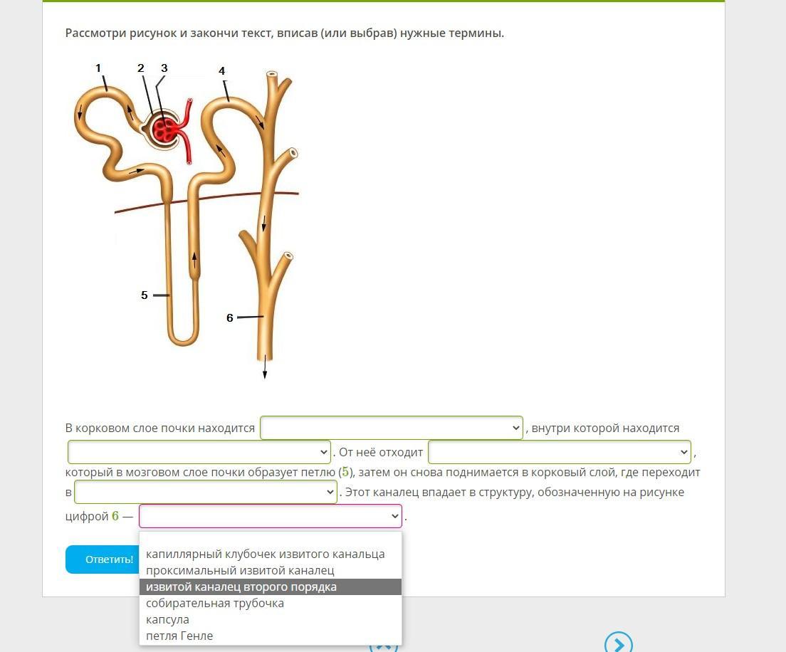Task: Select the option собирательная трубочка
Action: (x=214, y=603)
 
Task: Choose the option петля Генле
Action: (x=179, y=636)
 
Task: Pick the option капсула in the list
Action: (x=167, y=619)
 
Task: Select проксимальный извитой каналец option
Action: (x=240, y=570)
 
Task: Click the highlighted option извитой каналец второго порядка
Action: (x=241, y=587)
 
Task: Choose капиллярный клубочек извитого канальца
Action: (x=265, y=554)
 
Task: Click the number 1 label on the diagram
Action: (x=98, y=68)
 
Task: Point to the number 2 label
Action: (x=141, y=68)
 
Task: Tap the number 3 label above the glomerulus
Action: (x=164, y=68)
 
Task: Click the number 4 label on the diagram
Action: (x=222, y=71)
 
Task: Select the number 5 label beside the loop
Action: (x=145, y=295)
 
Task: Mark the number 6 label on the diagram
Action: (x=230, y=317)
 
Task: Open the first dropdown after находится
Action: (x=391, y=428)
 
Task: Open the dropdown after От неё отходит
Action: (x=559, y=452)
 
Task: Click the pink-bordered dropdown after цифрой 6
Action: (x=270, y=516)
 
